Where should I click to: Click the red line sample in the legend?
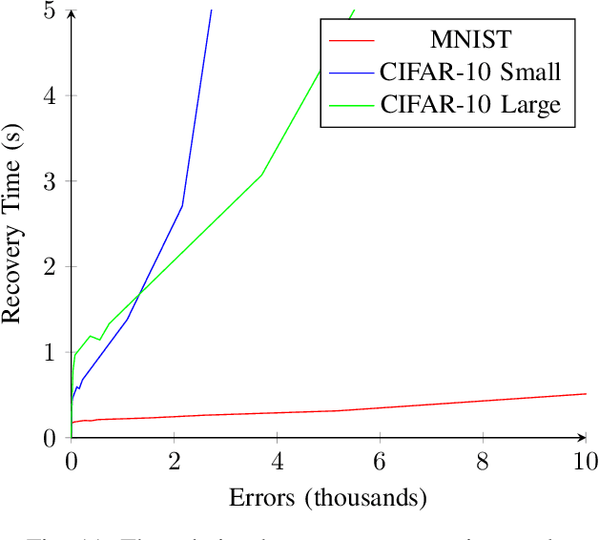point(351,41)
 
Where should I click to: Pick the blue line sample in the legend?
point(351,73)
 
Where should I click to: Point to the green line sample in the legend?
point(351,104)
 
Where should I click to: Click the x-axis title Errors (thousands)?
point(327,498)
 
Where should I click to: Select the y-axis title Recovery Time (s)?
point(13,223)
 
